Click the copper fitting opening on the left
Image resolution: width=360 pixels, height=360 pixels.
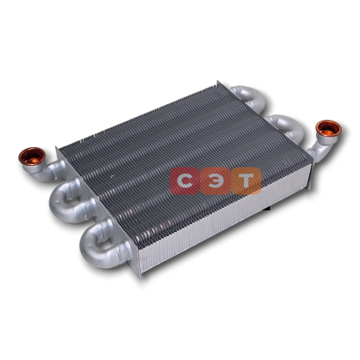tap(32, 156)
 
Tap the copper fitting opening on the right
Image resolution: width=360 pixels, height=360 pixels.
tap(328, 129)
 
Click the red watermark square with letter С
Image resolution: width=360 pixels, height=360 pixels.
tap(185, 181)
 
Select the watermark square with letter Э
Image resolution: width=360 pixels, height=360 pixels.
tap(215, 181)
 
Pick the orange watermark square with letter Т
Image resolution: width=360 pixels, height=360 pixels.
tap(246, 181)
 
